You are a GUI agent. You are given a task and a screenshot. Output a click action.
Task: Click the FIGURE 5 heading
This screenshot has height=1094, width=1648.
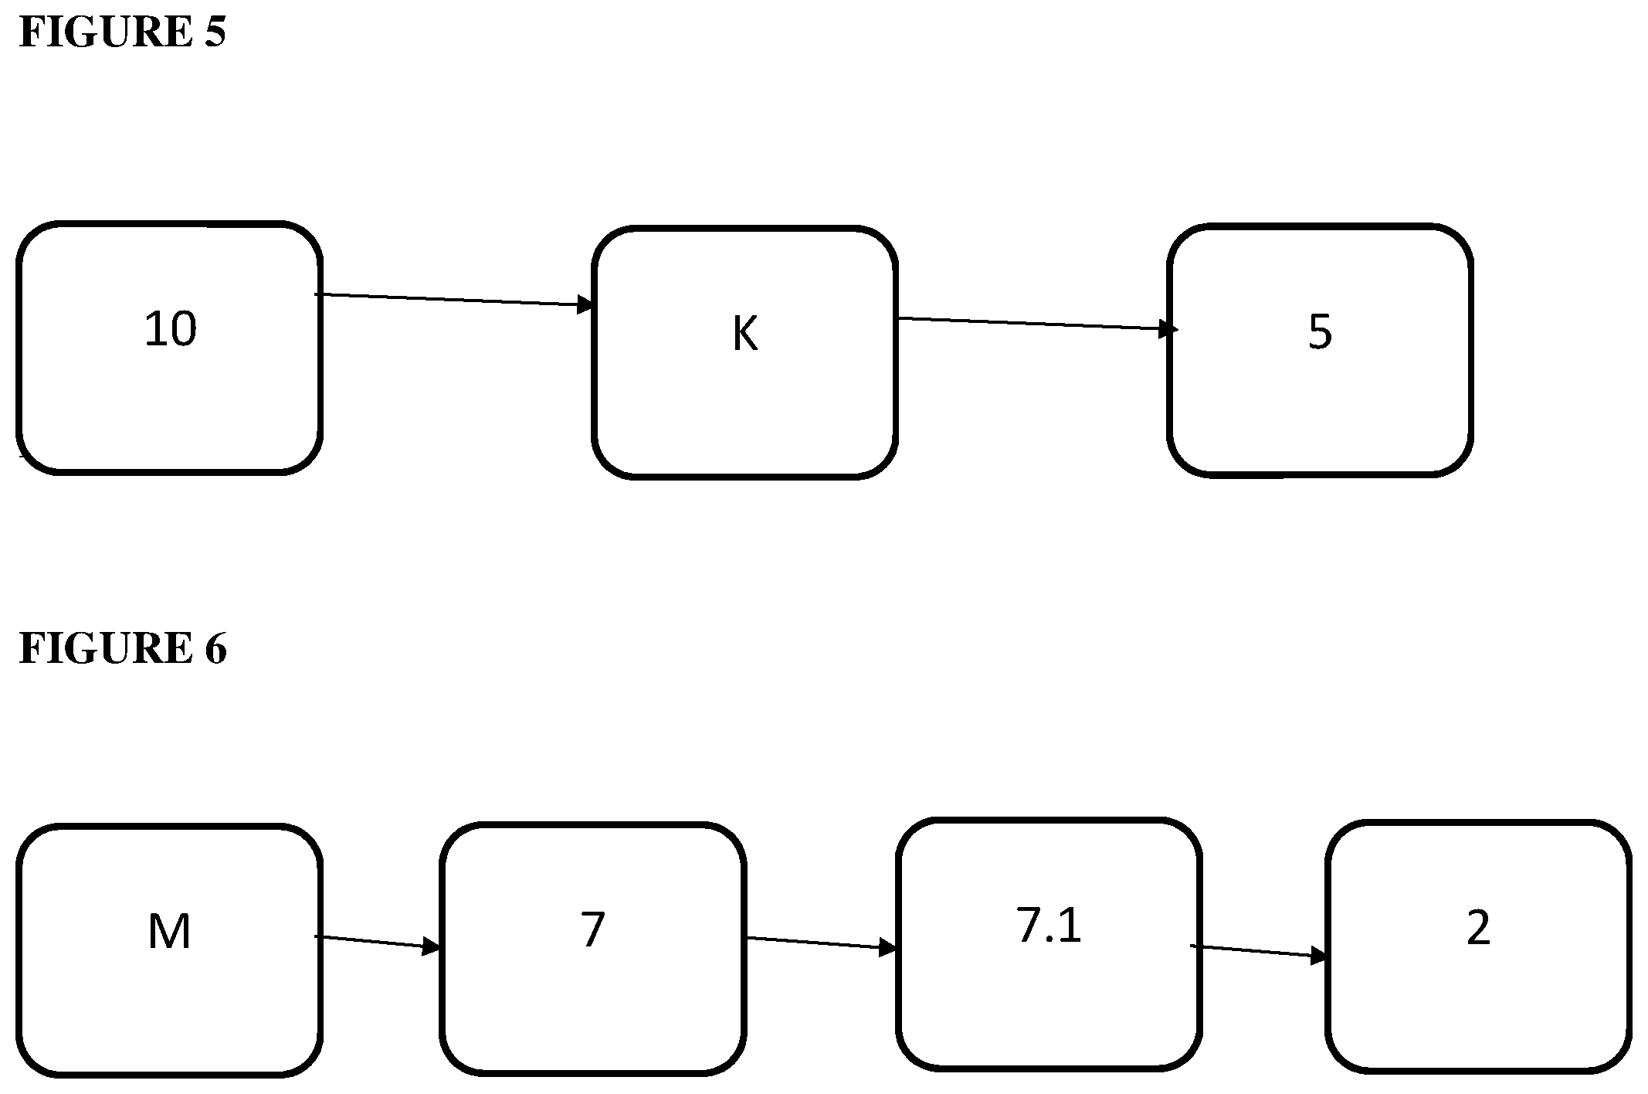point(122,32)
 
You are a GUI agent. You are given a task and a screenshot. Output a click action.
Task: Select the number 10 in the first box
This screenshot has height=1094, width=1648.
point(171,329)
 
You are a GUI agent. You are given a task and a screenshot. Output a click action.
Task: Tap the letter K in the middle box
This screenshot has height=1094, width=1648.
point(745,335)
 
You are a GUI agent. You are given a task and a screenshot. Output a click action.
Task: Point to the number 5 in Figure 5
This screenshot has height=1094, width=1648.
point(1321,332)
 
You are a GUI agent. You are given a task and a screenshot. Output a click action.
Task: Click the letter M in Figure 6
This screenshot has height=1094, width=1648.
point(169,931)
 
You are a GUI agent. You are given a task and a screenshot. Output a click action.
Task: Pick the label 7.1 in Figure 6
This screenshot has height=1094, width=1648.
point(1049,926)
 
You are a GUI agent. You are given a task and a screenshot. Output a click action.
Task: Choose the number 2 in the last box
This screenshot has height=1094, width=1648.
point(1478,928)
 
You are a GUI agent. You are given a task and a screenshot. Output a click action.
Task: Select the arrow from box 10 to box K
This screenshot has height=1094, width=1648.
point(454,300)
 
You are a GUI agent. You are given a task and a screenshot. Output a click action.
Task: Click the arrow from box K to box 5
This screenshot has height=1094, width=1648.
point(1038,324)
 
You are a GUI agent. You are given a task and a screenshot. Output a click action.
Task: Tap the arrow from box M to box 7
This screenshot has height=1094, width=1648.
point(377,942)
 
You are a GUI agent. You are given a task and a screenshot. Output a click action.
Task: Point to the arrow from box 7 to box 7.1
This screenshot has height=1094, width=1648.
point(822,943)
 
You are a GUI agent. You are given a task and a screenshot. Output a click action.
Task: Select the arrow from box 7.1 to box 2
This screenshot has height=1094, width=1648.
point(1259,951)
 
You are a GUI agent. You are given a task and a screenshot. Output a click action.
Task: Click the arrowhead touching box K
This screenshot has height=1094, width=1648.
point(586,305)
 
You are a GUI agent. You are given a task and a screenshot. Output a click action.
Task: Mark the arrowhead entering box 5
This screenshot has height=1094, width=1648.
point(1169,329)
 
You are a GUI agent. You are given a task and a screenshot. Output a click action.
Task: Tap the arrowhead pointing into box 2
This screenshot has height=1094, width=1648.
point(1319,956)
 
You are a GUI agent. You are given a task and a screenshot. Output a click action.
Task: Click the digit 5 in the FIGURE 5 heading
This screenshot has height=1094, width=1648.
point(215,32)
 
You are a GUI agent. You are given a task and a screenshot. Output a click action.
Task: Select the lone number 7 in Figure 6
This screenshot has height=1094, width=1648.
point(592,929)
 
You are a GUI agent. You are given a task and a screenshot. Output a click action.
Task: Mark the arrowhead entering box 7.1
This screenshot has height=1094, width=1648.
point(889,948)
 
